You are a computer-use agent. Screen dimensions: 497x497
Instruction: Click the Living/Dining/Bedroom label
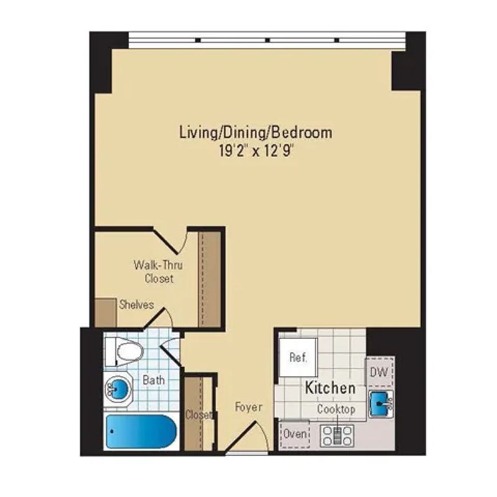255,132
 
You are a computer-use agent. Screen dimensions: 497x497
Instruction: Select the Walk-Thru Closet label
159,271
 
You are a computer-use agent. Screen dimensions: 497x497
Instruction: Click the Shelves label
136,304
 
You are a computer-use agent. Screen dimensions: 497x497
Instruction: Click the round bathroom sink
119,390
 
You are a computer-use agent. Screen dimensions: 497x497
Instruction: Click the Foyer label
248,408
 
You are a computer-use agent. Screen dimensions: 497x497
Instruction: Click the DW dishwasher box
379,372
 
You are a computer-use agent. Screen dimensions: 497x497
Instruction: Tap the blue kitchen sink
380,404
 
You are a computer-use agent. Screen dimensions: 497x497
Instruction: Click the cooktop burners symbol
336,434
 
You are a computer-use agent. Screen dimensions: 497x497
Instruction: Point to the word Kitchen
330,388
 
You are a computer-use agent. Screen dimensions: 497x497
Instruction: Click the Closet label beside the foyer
199,414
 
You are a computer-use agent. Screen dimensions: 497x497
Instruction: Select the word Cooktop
336,409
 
